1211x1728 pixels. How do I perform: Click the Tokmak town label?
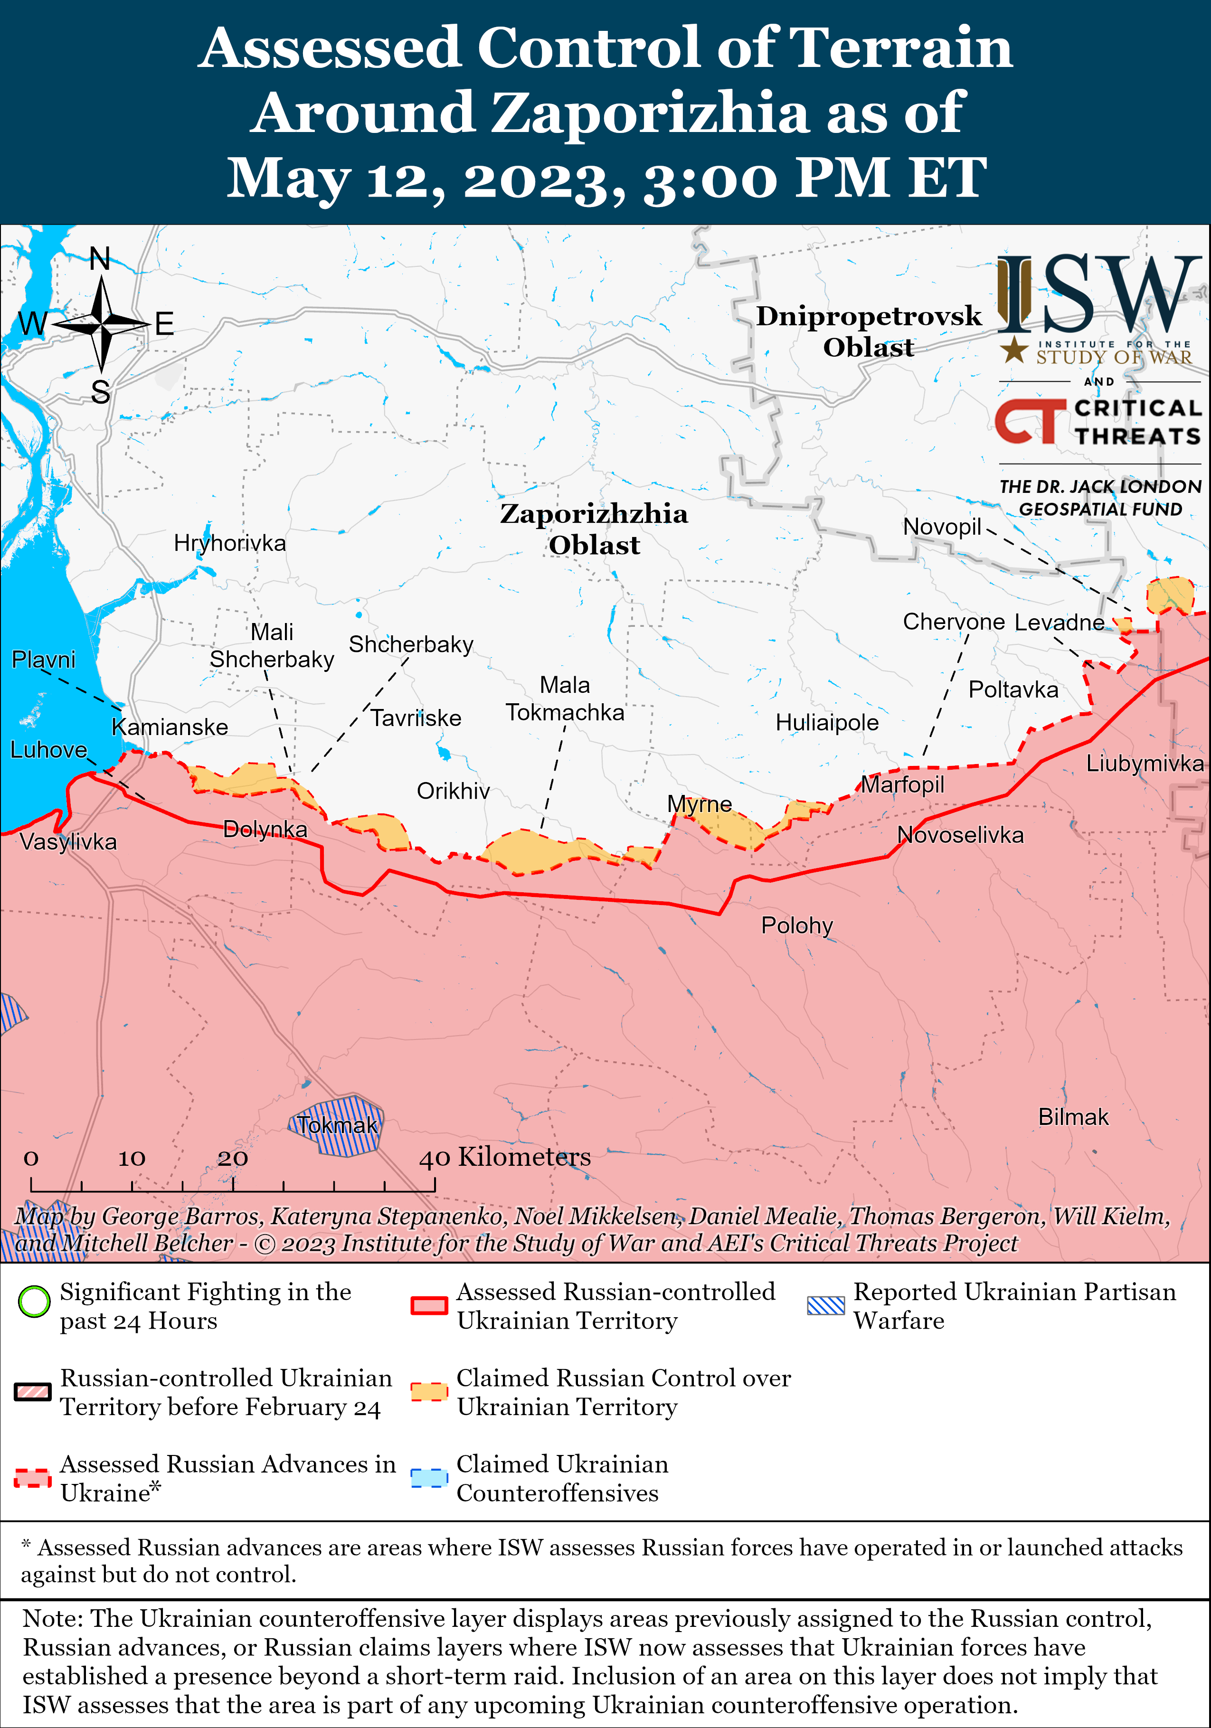click(x=336, y=1125)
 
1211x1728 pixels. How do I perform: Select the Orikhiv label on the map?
click(x=453, y=791)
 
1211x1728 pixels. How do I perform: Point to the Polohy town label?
click(x=796, y=925)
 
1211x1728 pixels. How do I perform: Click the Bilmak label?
click(x=1072, y=1117)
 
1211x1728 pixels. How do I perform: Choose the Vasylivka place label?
click(x=68, y=841)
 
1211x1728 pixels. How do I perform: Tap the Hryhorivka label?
click(x=229, y=543)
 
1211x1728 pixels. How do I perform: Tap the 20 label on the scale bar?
click(x=233, y=1158)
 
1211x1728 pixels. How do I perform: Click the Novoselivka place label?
click(x=960, y=835)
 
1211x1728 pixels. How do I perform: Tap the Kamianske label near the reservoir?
click(x=170, y=727)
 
